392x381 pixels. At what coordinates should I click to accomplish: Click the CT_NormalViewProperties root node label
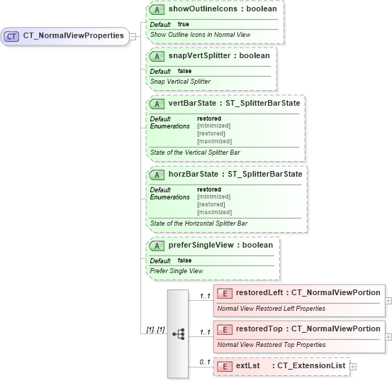[74, 35]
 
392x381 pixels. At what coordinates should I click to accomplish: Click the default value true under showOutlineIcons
[183, 24]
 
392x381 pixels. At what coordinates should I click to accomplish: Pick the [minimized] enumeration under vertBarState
[213, 126]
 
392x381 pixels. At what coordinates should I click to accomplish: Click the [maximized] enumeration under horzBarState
[214, 212]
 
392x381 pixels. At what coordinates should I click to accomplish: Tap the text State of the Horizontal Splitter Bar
[198, 223]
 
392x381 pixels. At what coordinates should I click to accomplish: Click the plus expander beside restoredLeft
[388, 300]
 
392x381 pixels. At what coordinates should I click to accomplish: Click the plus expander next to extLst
[353, 366]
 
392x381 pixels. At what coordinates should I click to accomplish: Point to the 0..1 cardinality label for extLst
[205, 363]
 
